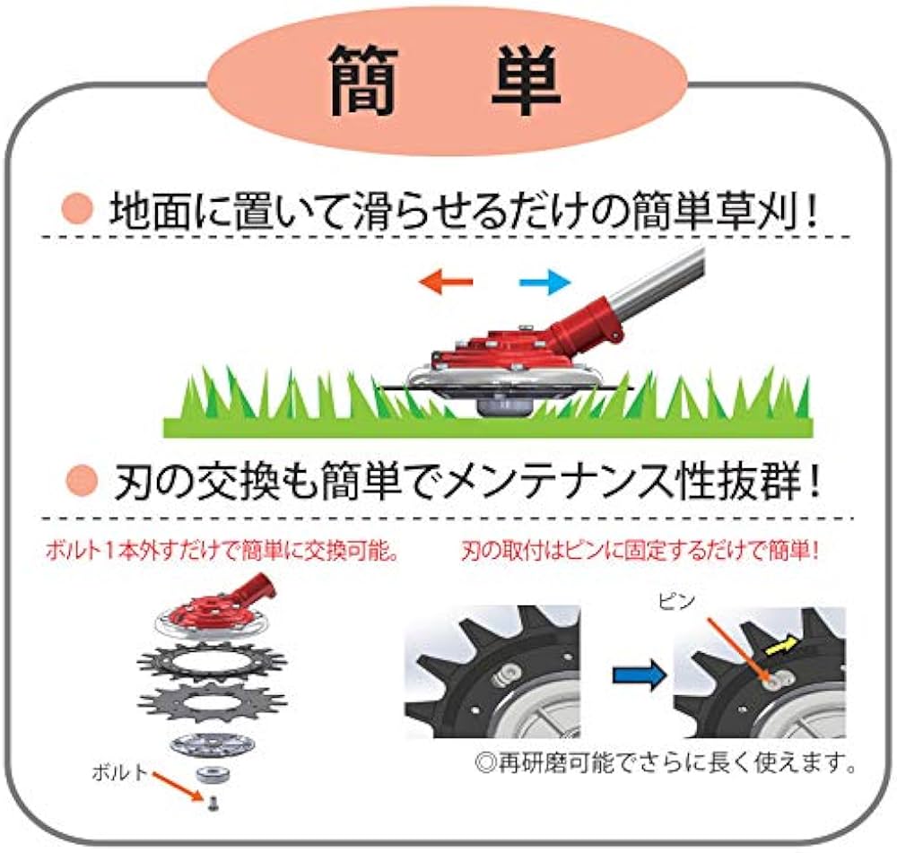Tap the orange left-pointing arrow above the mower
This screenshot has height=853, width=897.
pyautogui.click(x=446, y=283)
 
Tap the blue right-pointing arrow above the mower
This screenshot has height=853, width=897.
pyautogui.click(x=544, y=283)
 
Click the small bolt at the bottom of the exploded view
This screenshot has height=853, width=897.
pyautogui.click(x=213, y=805)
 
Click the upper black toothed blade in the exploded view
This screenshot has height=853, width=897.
pyautogui.click(x=213, y=662)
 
